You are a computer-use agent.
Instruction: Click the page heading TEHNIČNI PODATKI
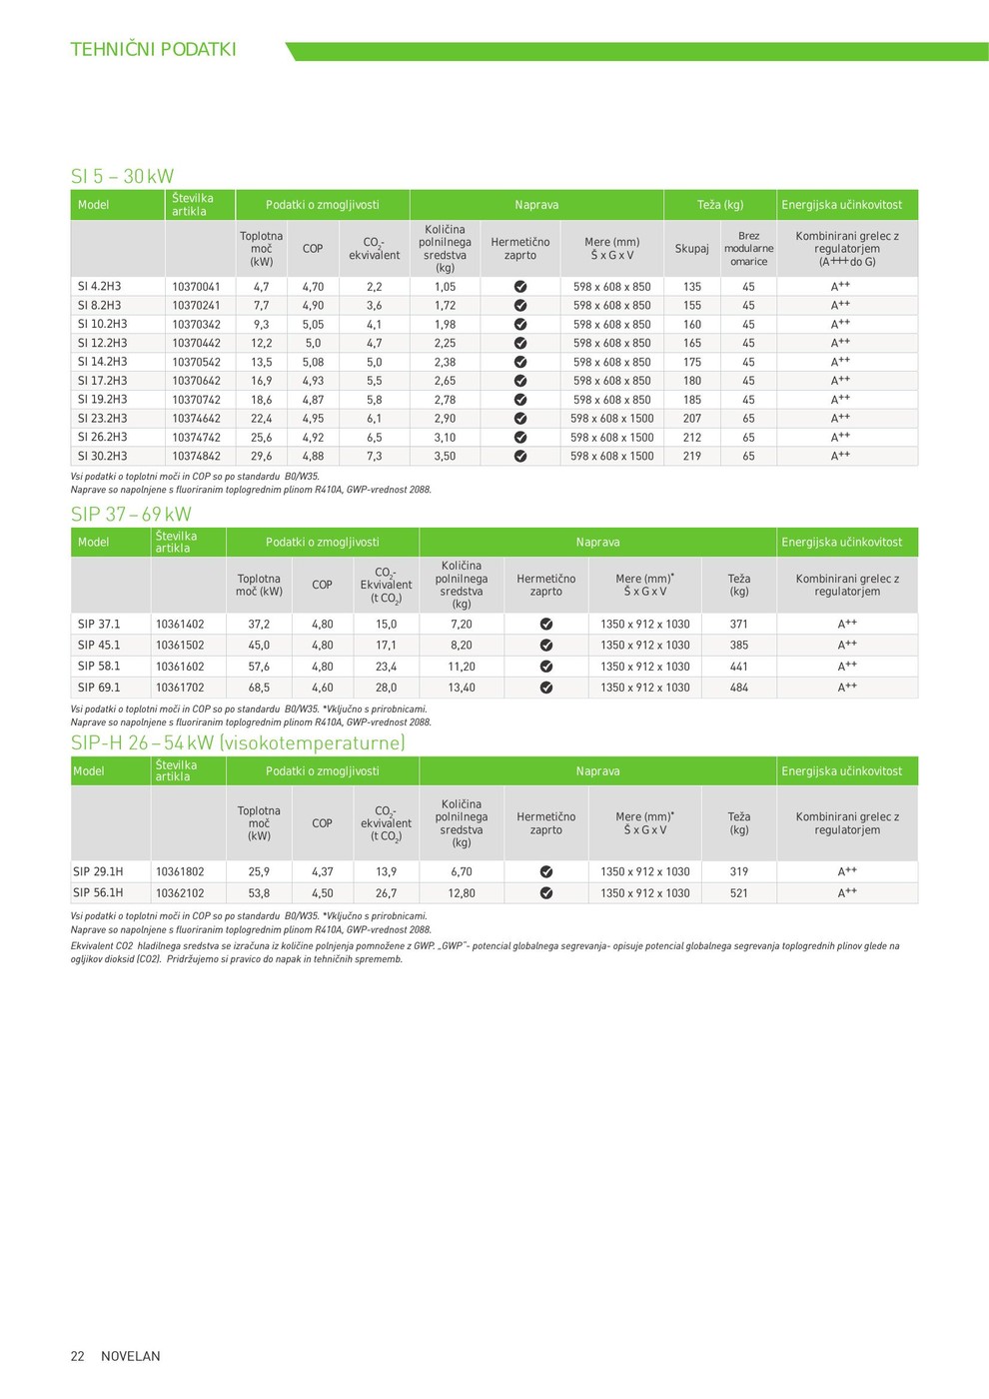[x=153, y=49]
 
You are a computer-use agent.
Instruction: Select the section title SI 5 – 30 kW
[x=122, y=176]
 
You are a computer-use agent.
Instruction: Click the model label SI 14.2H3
[x=102, y=362]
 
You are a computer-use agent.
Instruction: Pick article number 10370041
[x=196, y=287]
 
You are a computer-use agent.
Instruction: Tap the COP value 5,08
[x=313, y=362]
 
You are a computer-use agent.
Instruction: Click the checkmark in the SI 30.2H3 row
[x=520, y=456]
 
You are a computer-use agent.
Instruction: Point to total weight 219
[x=692, y=456]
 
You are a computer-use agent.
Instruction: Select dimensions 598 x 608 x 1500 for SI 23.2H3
[x=611, y=419]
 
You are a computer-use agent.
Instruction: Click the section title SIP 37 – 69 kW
[x=131, y=514]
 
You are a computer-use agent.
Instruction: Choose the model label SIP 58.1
[x=99, y=667]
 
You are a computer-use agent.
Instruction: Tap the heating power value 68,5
[x=259, y=688]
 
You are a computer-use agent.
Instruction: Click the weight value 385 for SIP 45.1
[x=738, y=646]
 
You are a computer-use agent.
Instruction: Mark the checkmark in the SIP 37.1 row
[x=546, y=625]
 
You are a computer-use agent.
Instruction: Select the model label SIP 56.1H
[x=98, y=892]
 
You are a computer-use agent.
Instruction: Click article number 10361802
[x=180, y=871]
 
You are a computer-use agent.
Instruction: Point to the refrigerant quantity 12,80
[x=462, y=893]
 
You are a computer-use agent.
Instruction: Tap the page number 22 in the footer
[x=78, y=1356]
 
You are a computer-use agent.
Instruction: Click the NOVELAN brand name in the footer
[x=131, y=1356]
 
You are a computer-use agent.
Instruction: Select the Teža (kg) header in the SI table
[x=720, y=205]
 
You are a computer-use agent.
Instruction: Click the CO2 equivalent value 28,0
[x=386, y=688]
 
